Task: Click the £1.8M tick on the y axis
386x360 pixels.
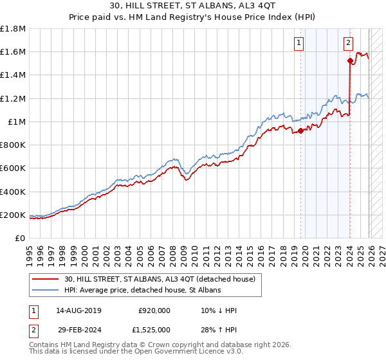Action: [13, 29]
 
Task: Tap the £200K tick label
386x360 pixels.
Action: [13, 215]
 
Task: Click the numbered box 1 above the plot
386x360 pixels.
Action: [300, 43]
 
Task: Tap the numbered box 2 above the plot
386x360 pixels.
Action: [348, 43]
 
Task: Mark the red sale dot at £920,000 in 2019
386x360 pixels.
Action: [300, 131]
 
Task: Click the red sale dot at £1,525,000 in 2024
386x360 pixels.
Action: [350, 61]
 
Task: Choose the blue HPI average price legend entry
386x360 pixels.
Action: [142, 291]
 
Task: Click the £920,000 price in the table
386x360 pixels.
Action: [154, 310]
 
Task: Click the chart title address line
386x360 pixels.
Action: [193, 7]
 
